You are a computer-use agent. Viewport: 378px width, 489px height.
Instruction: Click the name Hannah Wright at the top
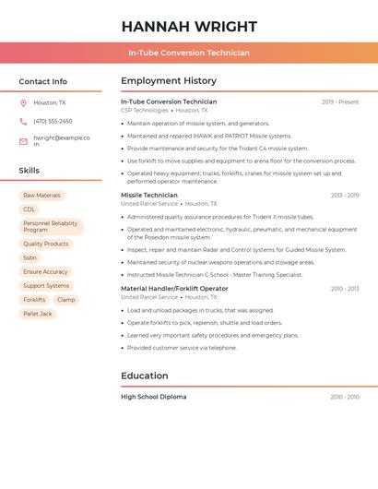coord(189,27)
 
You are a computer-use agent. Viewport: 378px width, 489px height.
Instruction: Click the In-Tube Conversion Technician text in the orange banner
coord(189,53)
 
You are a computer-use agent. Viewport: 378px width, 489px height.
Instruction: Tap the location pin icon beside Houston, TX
coord(23,103)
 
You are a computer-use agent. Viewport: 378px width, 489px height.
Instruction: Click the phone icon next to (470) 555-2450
coord(23,122)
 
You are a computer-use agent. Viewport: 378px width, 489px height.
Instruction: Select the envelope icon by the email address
coord(23,141)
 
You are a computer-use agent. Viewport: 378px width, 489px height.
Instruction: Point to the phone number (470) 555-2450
coord(53,122)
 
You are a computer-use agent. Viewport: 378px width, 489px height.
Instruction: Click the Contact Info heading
coord(42,81)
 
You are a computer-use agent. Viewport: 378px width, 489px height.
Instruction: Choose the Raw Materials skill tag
coord(41,196)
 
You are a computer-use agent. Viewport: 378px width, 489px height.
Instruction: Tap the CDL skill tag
coord(29,209)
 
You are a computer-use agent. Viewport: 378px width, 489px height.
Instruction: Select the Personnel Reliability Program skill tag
coord(51,226)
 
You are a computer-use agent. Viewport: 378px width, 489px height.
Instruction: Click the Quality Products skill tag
coord(45,244)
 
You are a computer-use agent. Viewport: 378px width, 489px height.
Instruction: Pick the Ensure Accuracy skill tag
coord(45,272)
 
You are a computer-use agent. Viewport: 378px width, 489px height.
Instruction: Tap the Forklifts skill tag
coord(34,300)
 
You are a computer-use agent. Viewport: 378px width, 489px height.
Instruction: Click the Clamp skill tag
coord(66,300)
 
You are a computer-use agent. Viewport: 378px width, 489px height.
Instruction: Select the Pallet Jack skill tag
coord(38,314)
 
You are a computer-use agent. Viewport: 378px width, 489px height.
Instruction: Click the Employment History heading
coord(169,81)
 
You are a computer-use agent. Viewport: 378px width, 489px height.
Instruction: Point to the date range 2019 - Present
coord(340,102)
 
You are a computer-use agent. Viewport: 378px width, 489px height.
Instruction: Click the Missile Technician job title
coord(148,196)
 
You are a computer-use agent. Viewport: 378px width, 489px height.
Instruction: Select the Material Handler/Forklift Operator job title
coord(174,289)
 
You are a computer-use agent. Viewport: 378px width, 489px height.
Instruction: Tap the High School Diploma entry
coord(153,397)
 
